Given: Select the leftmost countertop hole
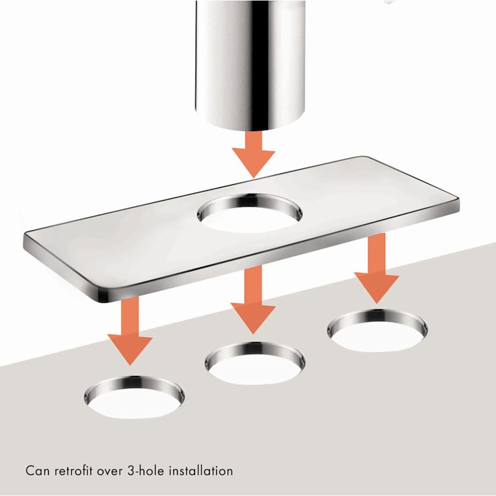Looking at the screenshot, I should pos(134,396).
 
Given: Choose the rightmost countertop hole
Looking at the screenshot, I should pos(378,330).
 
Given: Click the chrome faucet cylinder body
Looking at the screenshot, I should pos(250,61).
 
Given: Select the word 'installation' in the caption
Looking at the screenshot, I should pos(202,471).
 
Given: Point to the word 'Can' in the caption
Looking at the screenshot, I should pos(37,471).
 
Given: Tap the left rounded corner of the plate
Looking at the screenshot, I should pos(28,240).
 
